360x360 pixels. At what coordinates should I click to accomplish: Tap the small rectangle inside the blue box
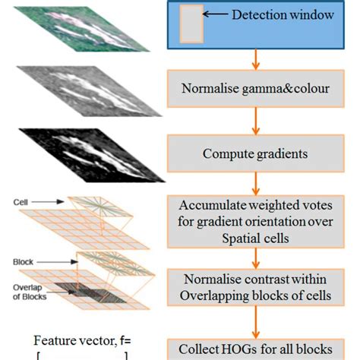(x=190, y=23)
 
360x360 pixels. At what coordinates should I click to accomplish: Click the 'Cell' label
(x=21, y=203)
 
